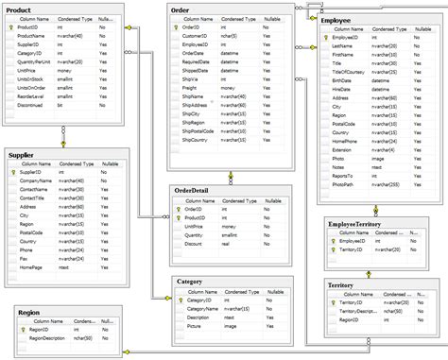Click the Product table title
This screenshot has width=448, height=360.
tap(21, 9)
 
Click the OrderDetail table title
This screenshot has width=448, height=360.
tap(197, 191)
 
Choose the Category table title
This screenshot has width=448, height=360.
tap(192, 282)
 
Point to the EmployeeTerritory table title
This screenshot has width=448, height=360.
tap(356, 223)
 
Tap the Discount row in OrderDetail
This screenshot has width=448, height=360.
tap(193, 243)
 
